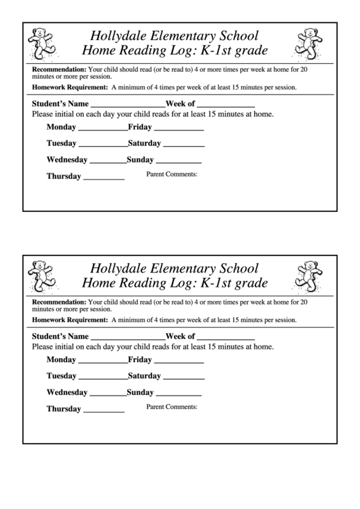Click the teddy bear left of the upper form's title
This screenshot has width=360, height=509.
(x=42, y=42)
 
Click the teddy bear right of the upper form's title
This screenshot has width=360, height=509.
(x=308, y=42)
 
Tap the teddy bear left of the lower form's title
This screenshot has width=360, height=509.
(x=42, y=275)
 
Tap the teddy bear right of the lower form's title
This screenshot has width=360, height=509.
(x=308, y=275)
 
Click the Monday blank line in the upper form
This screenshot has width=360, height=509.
(x=103, y=128)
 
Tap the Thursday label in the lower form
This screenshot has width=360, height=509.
(x=64, y=409)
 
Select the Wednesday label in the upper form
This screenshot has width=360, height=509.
(x=67, y=160)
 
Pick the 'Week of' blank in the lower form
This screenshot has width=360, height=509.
(x=226, y=338)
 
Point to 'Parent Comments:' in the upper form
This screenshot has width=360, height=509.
(x=172, y=175)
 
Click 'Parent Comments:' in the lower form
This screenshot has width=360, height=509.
(x=172, y=407)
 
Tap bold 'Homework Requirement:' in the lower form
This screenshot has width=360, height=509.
(x=69, y=319)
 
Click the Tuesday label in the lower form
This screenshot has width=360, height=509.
(x=62, y=376)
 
